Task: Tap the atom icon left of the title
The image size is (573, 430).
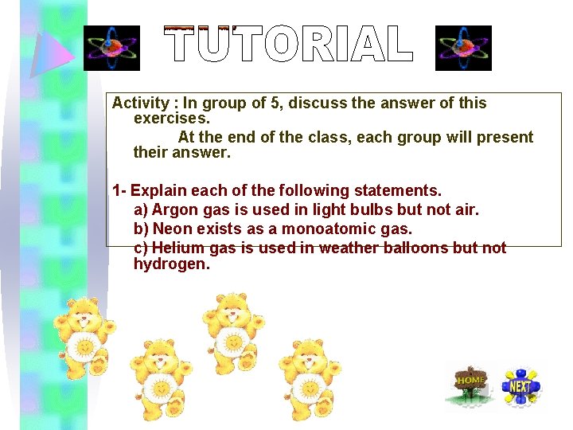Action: (111, 48)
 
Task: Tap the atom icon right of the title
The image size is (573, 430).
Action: (464, 48)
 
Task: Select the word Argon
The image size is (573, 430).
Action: (173, 210)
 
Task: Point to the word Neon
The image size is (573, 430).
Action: (173, 229)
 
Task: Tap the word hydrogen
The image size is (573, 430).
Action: (171, 264)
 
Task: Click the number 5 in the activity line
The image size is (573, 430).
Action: (277, 104)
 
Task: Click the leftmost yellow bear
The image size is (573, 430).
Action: (82, 335)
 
